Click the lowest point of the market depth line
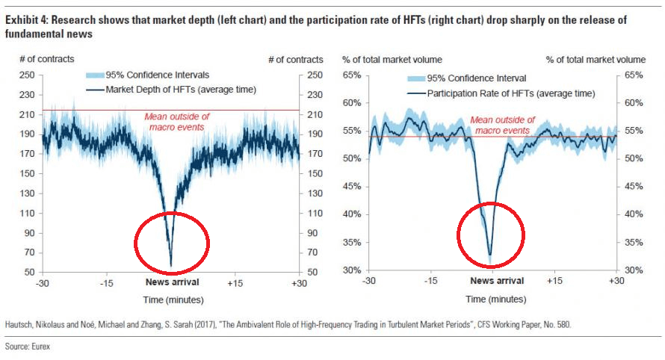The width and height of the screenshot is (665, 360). pyautogui.click(x=171, y=266)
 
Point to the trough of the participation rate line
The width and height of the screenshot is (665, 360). pyautogui.click(x=490, y=256)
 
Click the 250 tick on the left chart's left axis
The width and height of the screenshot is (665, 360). pyautogui.click(x=28, y=75)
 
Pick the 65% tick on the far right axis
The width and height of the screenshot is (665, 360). pyautogui.click(x=633, y=75)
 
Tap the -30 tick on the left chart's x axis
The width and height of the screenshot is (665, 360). pyautogui.click(x=42, y=283)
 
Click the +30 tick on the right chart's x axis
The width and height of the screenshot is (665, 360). pyautogui.click(x=616, y=281)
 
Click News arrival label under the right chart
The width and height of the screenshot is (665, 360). pyautogui.click(x=497, y=281)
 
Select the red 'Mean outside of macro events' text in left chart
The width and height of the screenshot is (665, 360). pyautogui.click(x=176, y=122)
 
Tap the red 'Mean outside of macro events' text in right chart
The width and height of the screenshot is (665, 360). pyautogui.click(x=502, y=125)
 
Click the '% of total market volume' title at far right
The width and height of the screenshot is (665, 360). pyautogui.click(x=596, y=59)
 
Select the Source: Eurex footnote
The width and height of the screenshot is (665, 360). pyautogui.click(x=27, y=347)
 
